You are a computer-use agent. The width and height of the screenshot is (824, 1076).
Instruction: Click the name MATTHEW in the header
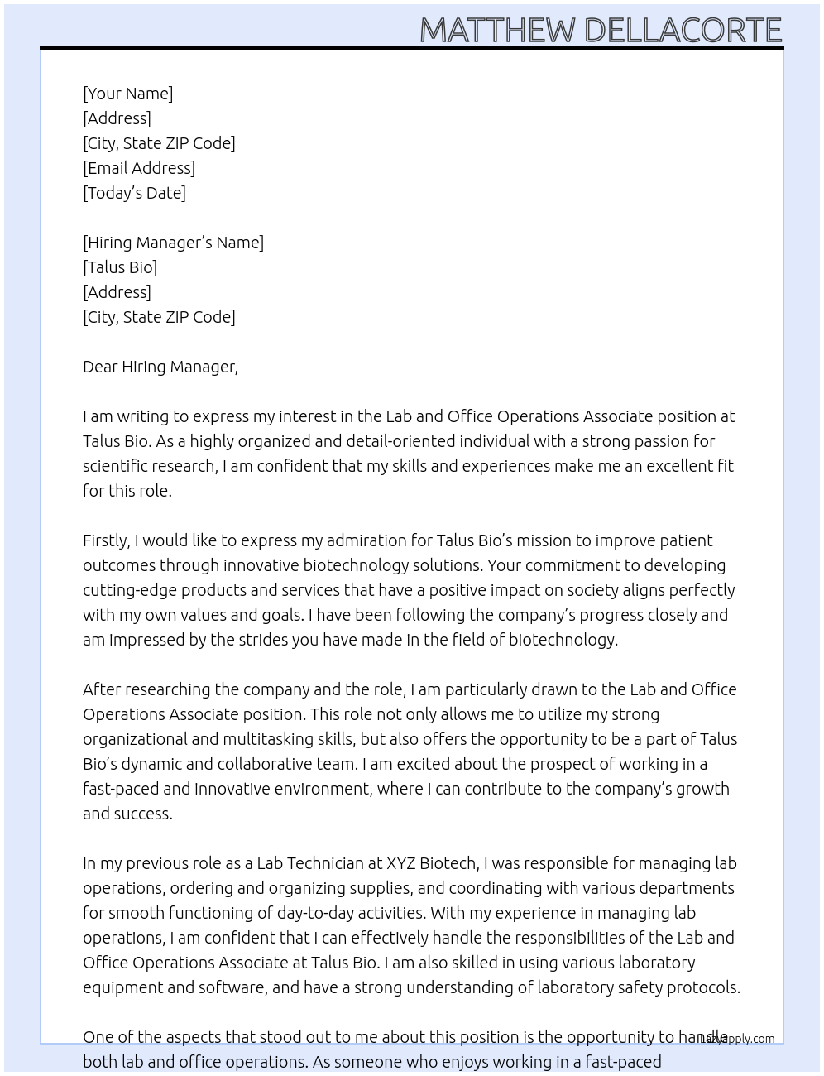497,30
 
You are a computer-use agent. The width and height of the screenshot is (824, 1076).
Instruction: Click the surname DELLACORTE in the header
683,30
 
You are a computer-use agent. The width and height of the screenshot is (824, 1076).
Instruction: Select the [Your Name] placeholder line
127,94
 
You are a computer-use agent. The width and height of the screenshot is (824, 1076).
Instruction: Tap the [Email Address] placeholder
139,168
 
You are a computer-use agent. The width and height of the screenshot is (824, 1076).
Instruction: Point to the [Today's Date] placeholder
134,193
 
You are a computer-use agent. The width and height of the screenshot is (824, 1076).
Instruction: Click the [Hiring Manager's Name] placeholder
173,243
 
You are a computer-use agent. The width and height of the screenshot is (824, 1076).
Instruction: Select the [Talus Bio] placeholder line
120,267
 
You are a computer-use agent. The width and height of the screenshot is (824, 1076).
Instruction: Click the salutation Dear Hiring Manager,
160,367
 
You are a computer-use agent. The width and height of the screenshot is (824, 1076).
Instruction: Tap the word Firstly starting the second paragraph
107,540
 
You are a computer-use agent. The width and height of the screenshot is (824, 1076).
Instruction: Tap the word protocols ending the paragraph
703,987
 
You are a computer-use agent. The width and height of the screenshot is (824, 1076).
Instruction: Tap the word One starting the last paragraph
98,1037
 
